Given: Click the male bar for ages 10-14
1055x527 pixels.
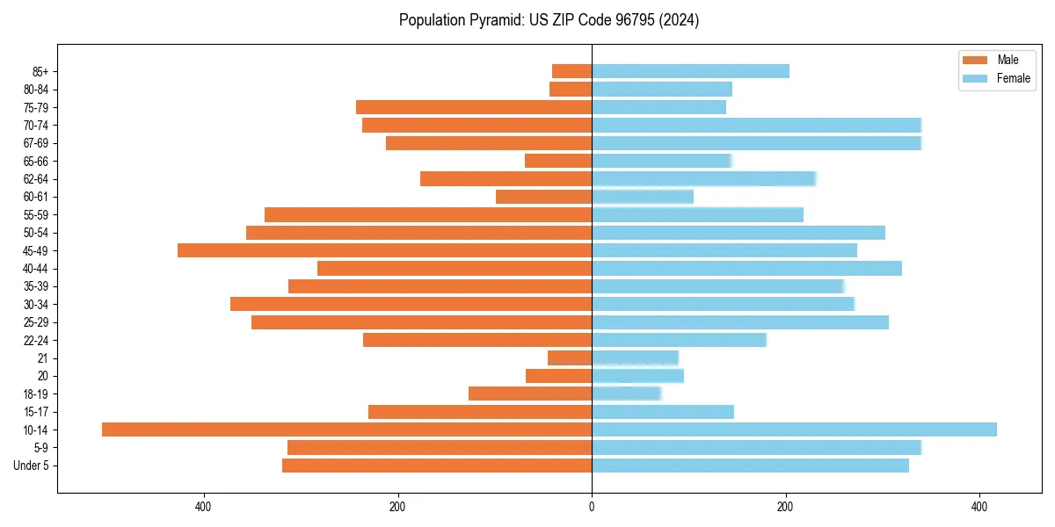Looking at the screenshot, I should pyautogui.click(x=346, y=430).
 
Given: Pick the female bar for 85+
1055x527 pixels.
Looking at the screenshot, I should pyautogui.click(x=690, y=71).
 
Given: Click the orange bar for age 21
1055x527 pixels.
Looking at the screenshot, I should pyautogui.click(x=570, y=358).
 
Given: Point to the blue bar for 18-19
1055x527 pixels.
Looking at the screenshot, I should pyautogui.click(x=626, y=393).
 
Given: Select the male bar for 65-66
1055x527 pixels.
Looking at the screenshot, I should pyautogui.click(x=558, y=161).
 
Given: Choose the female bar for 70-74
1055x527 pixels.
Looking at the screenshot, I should pyautogui.click(x=756, y=125).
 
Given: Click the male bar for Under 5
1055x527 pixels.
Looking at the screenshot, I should pyautogui.click(x=437, y=466).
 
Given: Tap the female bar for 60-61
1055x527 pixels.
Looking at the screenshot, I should pyautogui.click(x=643, y=197).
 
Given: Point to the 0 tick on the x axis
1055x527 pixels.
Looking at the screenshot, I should pyautogui.click(x=592, y=507).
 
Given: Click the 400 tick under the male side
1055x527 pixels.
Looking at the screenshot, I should pyautogui.click(x=204, y=507).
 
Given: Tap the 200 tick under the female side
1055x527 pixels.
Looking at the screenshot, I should pyautogui.click(x=785, y=507).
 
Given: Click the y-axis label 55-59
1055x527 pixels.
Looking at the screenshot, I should pyautogui.click(x=36, y=215).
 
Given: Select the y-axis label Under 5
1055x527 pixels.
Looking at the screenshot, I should pyautogui.click(x=32, y=466).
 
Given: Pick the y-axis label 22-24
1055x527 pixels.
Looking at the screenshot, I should pyautogui.click(x=36, y=340).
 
